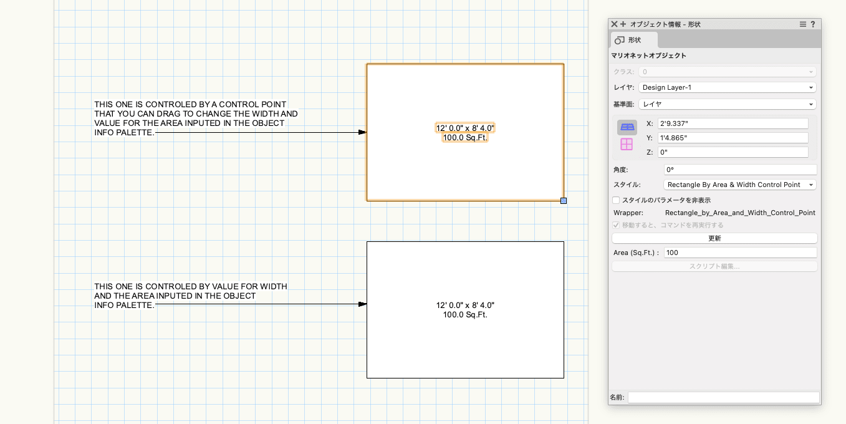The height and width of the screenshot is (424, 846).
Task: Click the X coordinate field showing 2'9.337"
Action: (x=733, y=123)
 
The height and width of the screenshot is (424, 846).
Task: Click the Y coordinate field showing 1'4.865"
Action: (x=733, y=138)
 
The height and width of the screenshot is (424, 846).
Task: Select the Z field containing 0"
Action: (x=733, y=152)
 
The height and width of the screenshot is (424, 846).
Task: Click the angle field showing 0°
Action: (x=740, y=170)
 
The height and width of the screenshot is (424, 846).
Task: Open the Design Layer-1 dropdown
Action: (x=727, y=87)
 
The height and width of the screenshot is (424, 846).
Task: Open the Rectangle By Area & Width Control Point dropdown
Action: (x=739, y=185)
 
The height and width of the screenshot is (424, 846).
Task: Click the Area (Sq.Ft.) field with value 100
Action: (x=740, y=253)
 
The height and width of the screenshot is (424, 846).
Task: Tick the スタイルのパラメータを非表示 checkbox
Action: (x=616, y=200)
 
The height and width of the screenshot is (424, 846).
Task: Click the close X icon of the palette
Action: (x=614, y=24)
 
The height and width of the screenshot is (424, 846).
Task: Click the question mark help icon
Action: (x=813, y=24)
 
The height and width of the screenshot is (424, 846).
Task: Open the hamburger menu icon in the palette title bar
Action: (x=803, y=24)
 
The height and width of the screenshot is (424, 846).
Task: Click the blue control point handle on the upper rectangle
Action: (x=564, y=201)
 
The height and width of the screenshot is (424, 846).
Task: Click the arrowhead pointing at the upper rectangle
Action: (x=362, y=132)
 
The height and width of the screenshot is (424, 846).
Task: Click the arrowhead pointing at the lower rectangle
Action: (x=362, y=304)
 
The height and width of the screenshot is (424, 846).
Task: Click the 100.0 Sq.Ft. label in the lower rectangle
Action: (x=465, y=315)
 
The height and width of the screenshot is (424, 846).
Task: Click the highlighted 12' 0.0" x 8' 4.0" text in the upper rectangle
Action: (x=465, y=128)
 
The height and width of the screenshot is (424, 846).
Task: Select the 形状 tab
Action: (x=634, y=40)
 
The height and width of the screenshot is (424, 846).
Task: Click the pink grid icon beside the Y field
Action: (x=627, y=145)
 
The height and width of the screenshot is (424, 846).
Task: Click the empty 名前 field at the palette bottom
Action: (x=723, y=397)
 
